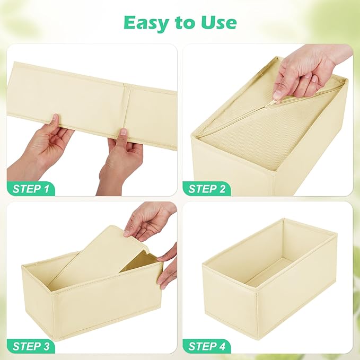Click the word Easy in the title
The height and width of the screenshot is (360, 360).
[x=144, y=22]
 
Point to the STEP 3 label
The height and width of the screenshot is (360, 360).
[x=32, y=346]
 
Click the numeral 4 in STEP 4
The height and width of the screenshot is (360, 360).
[x=226, y=346]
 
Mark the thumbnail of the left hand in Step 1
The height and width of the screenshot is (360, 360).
[x=53, y=120]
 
